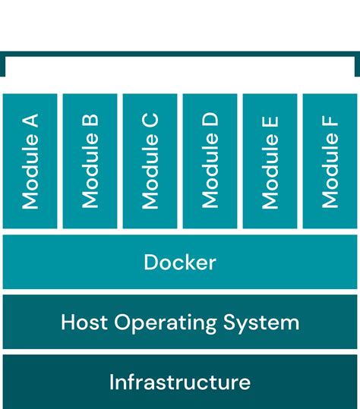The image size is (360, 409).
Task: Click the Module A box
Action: [x=30, y=161]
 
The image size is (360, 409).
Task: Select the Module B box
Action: [x=90, y=161]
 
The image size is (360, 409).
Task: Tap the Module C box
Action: [x=150, y=161]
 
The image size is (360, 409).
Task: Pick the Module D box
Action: [x=210, y=161]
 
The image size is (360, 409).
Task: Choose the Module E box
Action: [x=270, y=161]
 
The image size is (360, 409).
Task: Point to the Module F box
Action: [x=330, y=161]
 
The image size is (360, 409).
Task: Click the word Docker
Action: [x=180, y=263]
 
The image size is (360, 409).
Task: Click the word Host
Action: [x=85, y=322]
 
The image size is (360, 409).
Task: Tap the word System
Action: [x=261, y=323]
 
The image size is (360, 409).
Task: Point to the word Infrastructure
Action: [x=180, y=382]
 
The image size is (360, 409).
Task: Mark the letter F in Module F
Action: [x=330, y=121]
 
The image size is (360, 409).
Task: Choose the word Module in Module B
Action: [x=90, y=179]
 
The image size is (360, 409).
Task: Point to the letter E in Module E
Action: [x=270, y=121]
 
